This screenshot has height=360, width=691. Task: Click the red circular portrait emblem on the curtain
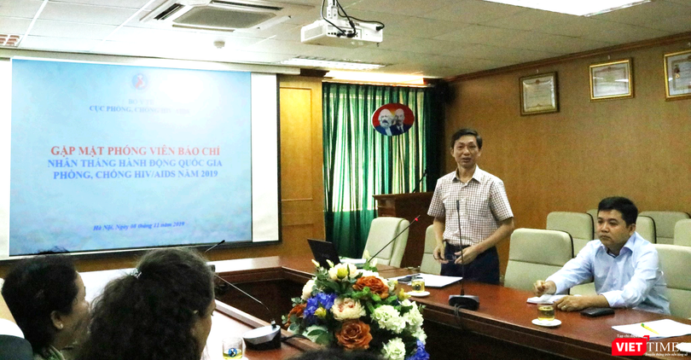393,119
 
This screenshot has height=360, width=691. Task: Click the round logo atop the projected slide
140,81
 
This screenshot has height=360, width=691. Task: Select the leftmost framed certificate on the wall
538,93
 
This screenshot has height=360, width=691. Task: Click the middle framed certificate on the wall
611,79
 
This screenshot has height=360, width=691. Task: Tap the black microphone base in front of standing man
463,301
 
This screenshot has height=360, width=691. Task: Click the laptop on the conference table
324,253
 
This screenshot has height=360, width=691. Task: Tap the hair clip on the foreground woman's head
135,273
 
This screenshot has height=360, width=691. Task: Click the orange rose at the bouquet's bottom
353,334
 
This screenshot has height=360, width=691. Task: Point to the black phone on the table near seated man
597,311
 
